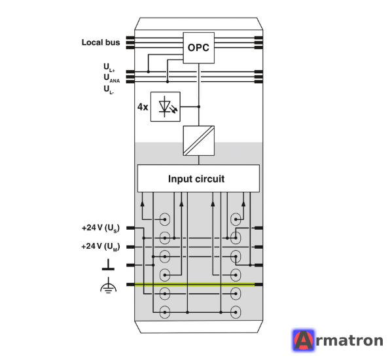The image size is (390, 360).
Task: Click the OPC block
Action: pyautogui.click(x=198, y=48)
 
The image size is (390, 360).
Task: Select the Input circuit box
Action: pyautogui.click(x=198, y=179)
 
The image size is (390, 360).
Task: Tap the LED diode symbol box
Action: pyautogui.click(x=166, y=107)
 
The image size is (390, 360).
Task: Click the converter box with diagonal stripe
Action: pyautogui.click(x=198, y=141)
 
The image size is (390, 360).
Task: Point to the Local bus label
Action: pyautogui.click(x=101, y=43)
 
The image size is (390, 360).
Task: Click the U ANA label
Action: pyautogui.click(x=112, y=78)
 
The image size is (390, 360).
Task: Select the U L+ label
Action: pyautogui.click(x=109, y=67)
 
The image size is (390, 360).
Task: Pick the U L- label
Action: pyautogui.click(x=109, y=90)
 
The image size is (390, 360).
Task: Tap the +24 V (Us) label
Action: pyautogui.click(x=101, y=228)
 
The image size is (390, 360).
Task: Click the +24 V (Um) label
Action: pyautogui.click(x=101, y=247)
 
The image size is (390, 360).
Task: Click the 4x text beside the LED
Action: pyautogui.click(x=143, y=107)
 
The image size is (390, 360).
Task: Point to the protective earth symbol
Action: pyautogui.click(x=108, y=285)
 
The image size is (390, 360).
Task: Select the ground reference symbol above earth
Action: pyautogui.click(x=108, y=264)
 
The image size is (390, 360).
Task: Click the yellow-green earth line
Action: pyautogui.click(x=194, y=284)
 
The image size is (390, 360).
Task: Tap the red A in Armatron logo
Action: pyautogui.click(x=304, y=340)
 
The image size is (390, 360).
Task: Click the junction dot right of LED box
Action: pyautogui.click(x=199, y=107)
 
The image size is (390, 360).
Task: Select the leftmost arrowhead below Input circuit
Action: pyautogui.click(x=142, y=204)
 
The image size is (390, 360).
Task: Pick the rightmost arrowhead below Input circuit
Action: pyautogui.click(x=243, y=204)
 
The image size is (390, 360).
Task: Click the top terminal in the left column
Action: pyautogui.click(x=165, y=219)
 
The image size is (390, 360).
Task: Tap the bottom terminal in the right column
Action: pyautogui.click(x=236, y=312)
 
